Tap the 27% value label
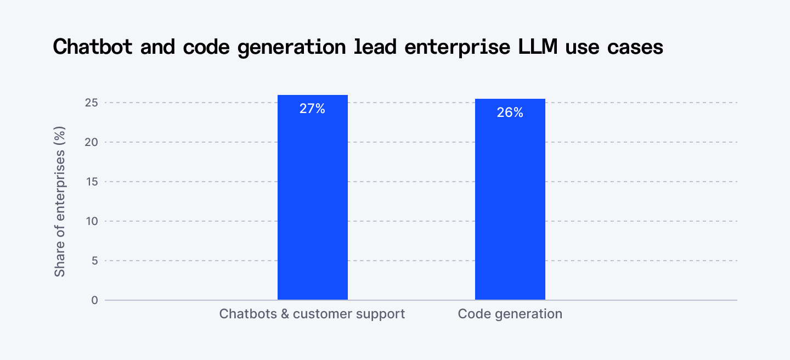[x=312, y=109]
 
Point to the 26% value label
[x=510, y=113]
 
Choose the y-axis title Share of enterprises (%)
[x=60, y=201]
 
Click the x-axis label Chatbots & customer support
[x=312, y=314]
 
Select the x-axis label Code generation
[x=510, y=314]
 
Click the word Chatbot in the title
[x=93, y=47]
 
